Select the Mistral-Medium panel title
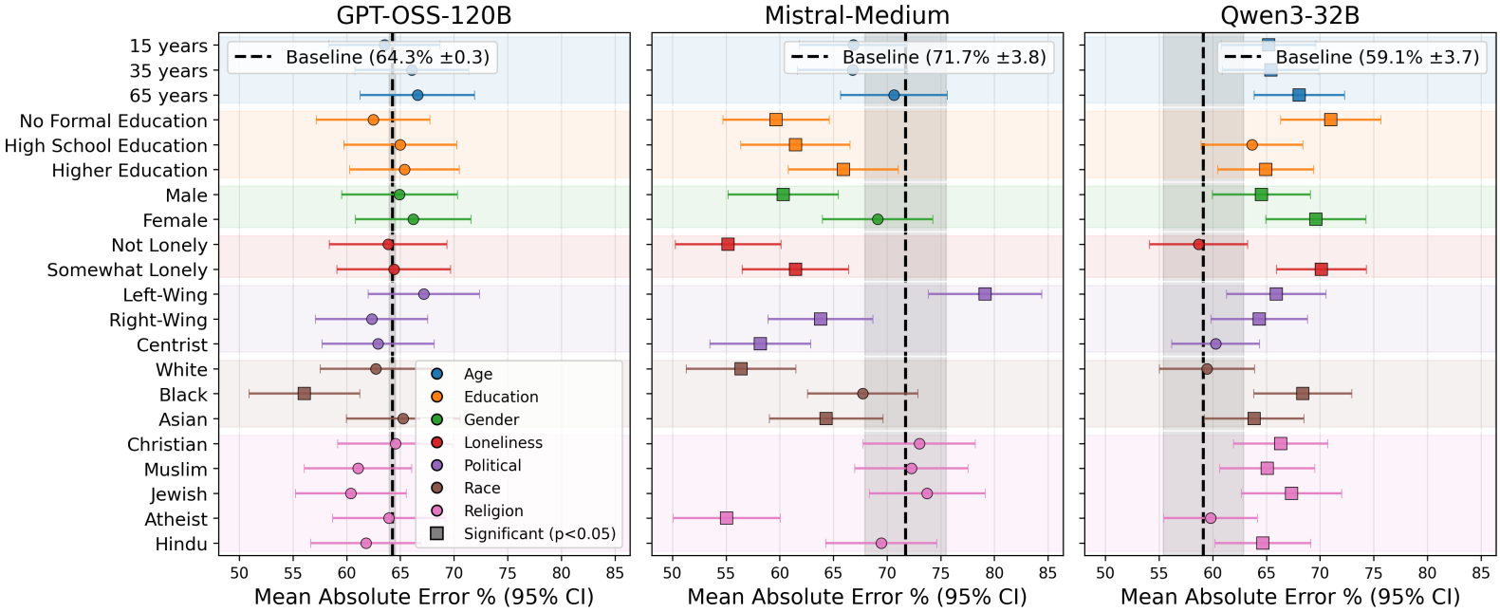pyautogui.click(x=857, y=15)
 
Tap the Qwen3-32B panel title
pyautogui.click(x=1289, y=15)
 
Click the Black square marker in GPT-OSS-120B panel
pyautogui.click(x=304, y=394)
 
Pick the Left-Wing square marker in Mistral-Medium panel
pyautogui.click(x=985, y=294)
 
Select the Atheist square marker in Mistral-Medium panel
pyautogui.click(x=726, y=518)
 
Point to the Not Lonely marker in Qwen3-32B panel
pyautogui.click(x=1198, y=245)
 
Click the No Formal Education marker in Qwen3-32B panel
pyautogui.click(x=1330, y=120)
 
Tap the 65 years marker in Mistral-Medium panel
pyautogui.click(x=894, y=95)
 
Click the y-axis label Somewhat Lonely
pyautogui.click(x=127, y=270)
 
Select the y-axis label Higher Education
pyautogui.click(x=129, y=171)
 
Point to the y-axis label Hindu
pyautogui.click(x=181, y=545)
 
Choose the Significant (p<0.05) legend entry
pyautogui.click(x=539, y=533)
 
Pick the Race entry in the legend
pyautogui.click(x=482, y=488)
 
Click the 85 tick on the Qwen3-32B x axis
pyautogui.click(x=1480, y=573)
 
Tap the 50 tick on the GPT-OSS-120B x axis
pyautogui.click(x=239, y=573)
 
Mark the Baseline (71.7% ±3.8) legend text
pyautogui.click(x=944, y=57)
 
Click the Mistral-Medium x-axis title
pyautogui.click(x=857, y=597)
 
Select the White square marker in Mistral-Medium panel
pyautogui.click(x=741, y=369)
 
